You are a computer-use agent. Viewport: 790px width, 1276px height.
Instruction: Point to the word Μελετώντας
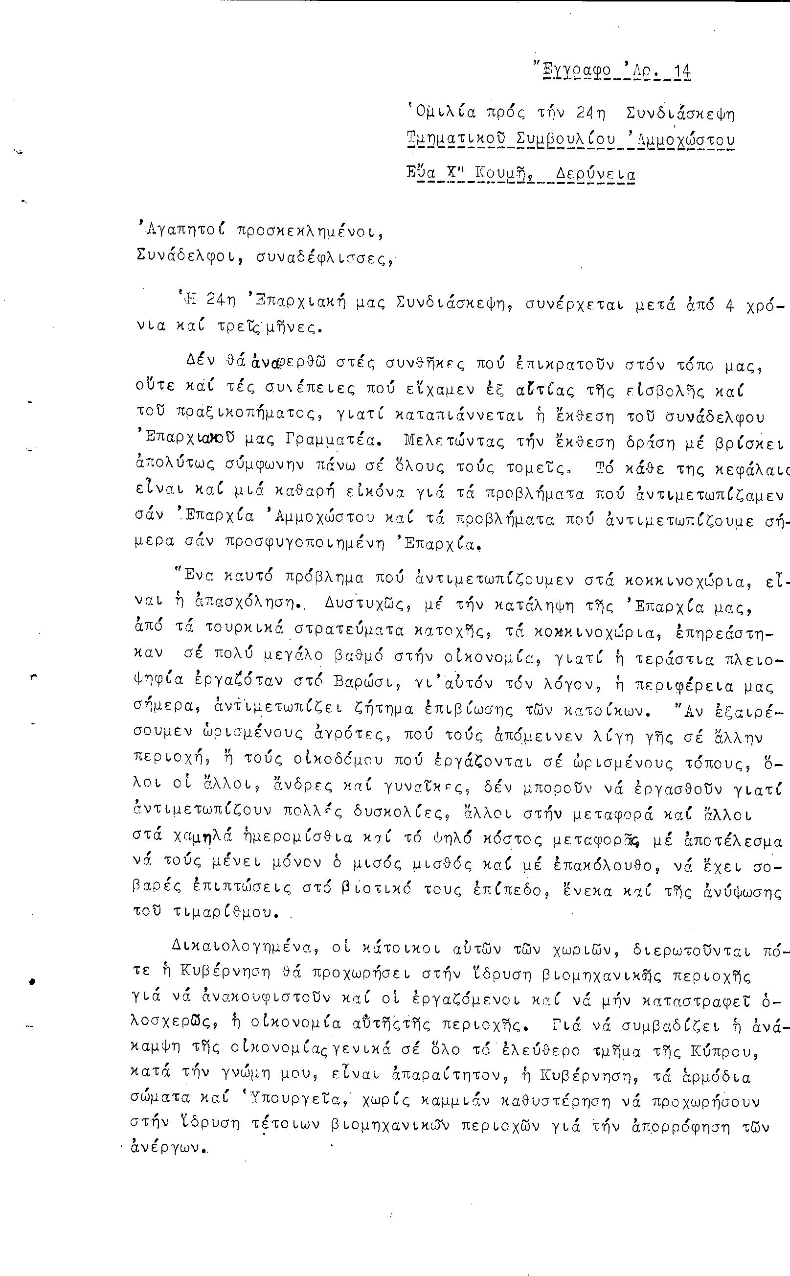coord(447,441)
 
